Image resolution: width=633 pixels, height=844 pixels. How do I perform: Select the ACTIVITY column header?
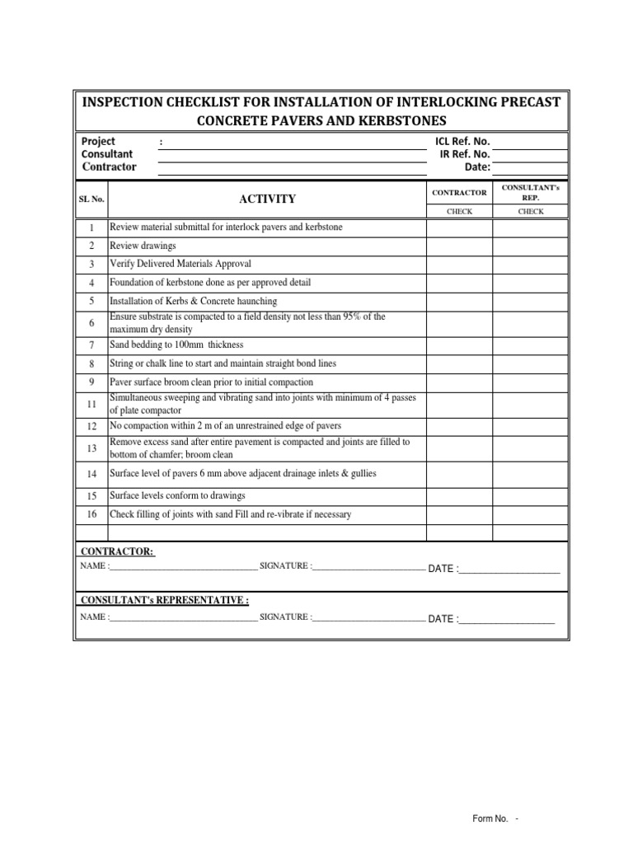click(267, 199)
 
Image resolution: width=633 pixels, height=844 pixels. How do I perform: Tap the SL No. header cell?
click(91, 199)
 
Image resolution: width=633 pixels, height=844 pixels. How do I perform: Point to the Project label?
click(98, 142)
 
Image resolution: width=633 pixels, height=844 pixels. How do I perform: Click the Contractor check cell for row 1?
click(459, 227)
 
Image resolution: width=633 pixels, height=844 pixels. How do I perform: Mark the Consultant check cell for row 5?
click(530, 301)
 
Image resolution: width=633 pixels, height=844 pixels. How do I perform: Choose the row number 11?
click(91, 404)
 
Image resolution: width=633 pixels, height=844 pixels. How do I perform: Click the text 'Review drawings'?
click(143, 246)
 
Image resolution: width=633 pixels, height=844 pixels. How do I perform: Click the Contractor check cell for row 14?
click(459, 474)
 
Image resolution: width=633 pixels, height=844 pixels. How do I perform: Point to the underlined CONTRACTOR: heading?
click(116, 551)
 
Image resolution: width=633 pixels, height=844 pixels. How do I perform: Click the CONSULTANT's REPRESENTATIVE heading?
click(164, 600)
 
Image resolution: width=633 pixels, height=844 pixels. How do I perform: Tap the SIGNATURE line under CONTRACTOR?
click(368, 567)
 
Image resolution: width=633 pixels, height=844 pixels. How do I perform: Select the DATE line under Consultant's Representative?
click(506, 619)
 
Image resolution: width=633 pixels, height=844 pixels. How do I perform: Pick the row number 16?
click(91, 514)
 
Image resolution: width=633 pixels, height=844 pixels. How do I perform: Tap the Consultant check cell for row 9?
click(530, 382)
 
